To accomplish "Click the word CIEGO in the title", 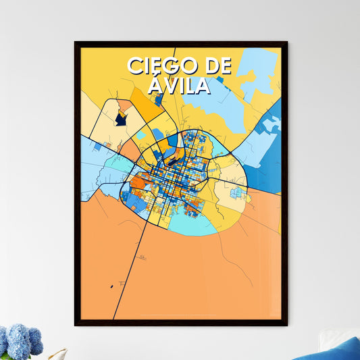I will [x=160, y=66].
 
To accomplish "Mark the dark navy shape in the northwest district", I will [x=120, y=119].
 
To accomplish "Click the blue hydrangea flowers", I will [x=20, y=341].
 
